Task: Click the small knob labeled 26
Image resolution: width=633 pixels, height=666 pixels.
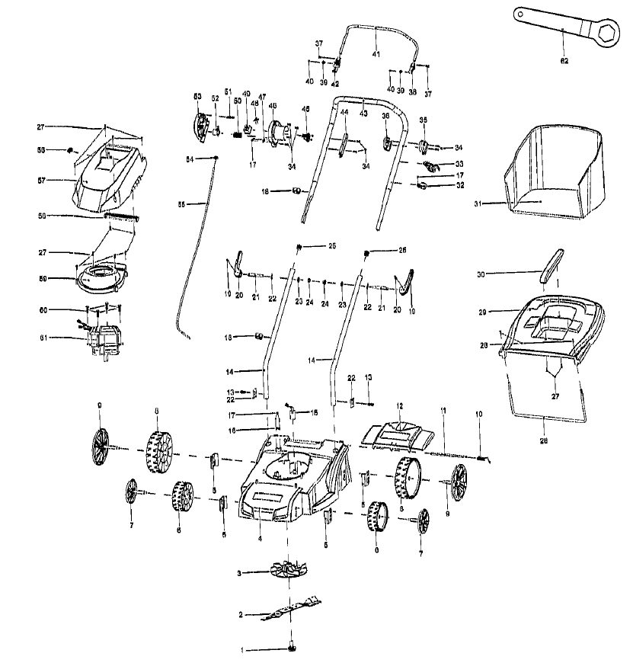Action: (x=367, y=252)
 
